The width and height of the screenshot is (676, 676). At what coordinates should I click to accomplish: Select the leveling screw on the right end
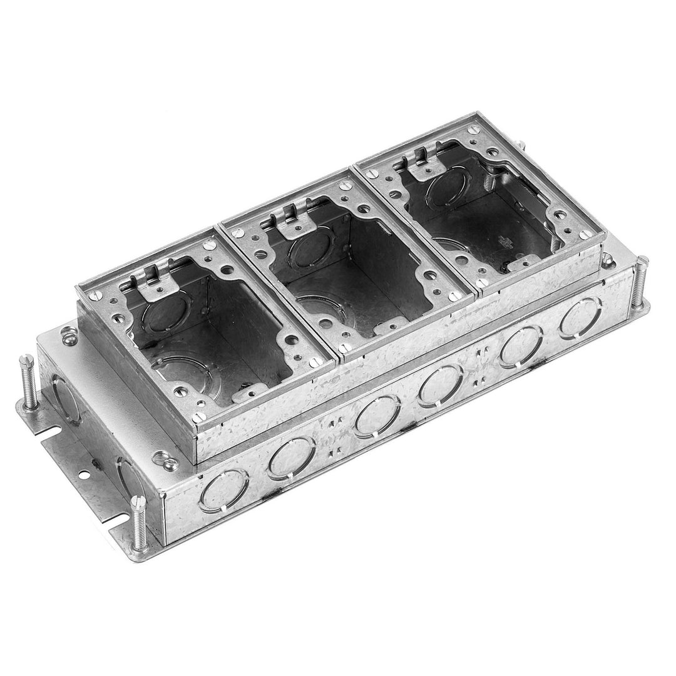click(639, 281)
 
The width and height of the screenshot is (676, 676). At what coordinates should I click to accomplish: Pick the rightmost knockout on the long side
click(581, 318)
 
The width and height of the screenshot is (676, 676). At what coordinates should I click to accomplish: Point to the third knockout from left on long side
click(377, 414)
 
